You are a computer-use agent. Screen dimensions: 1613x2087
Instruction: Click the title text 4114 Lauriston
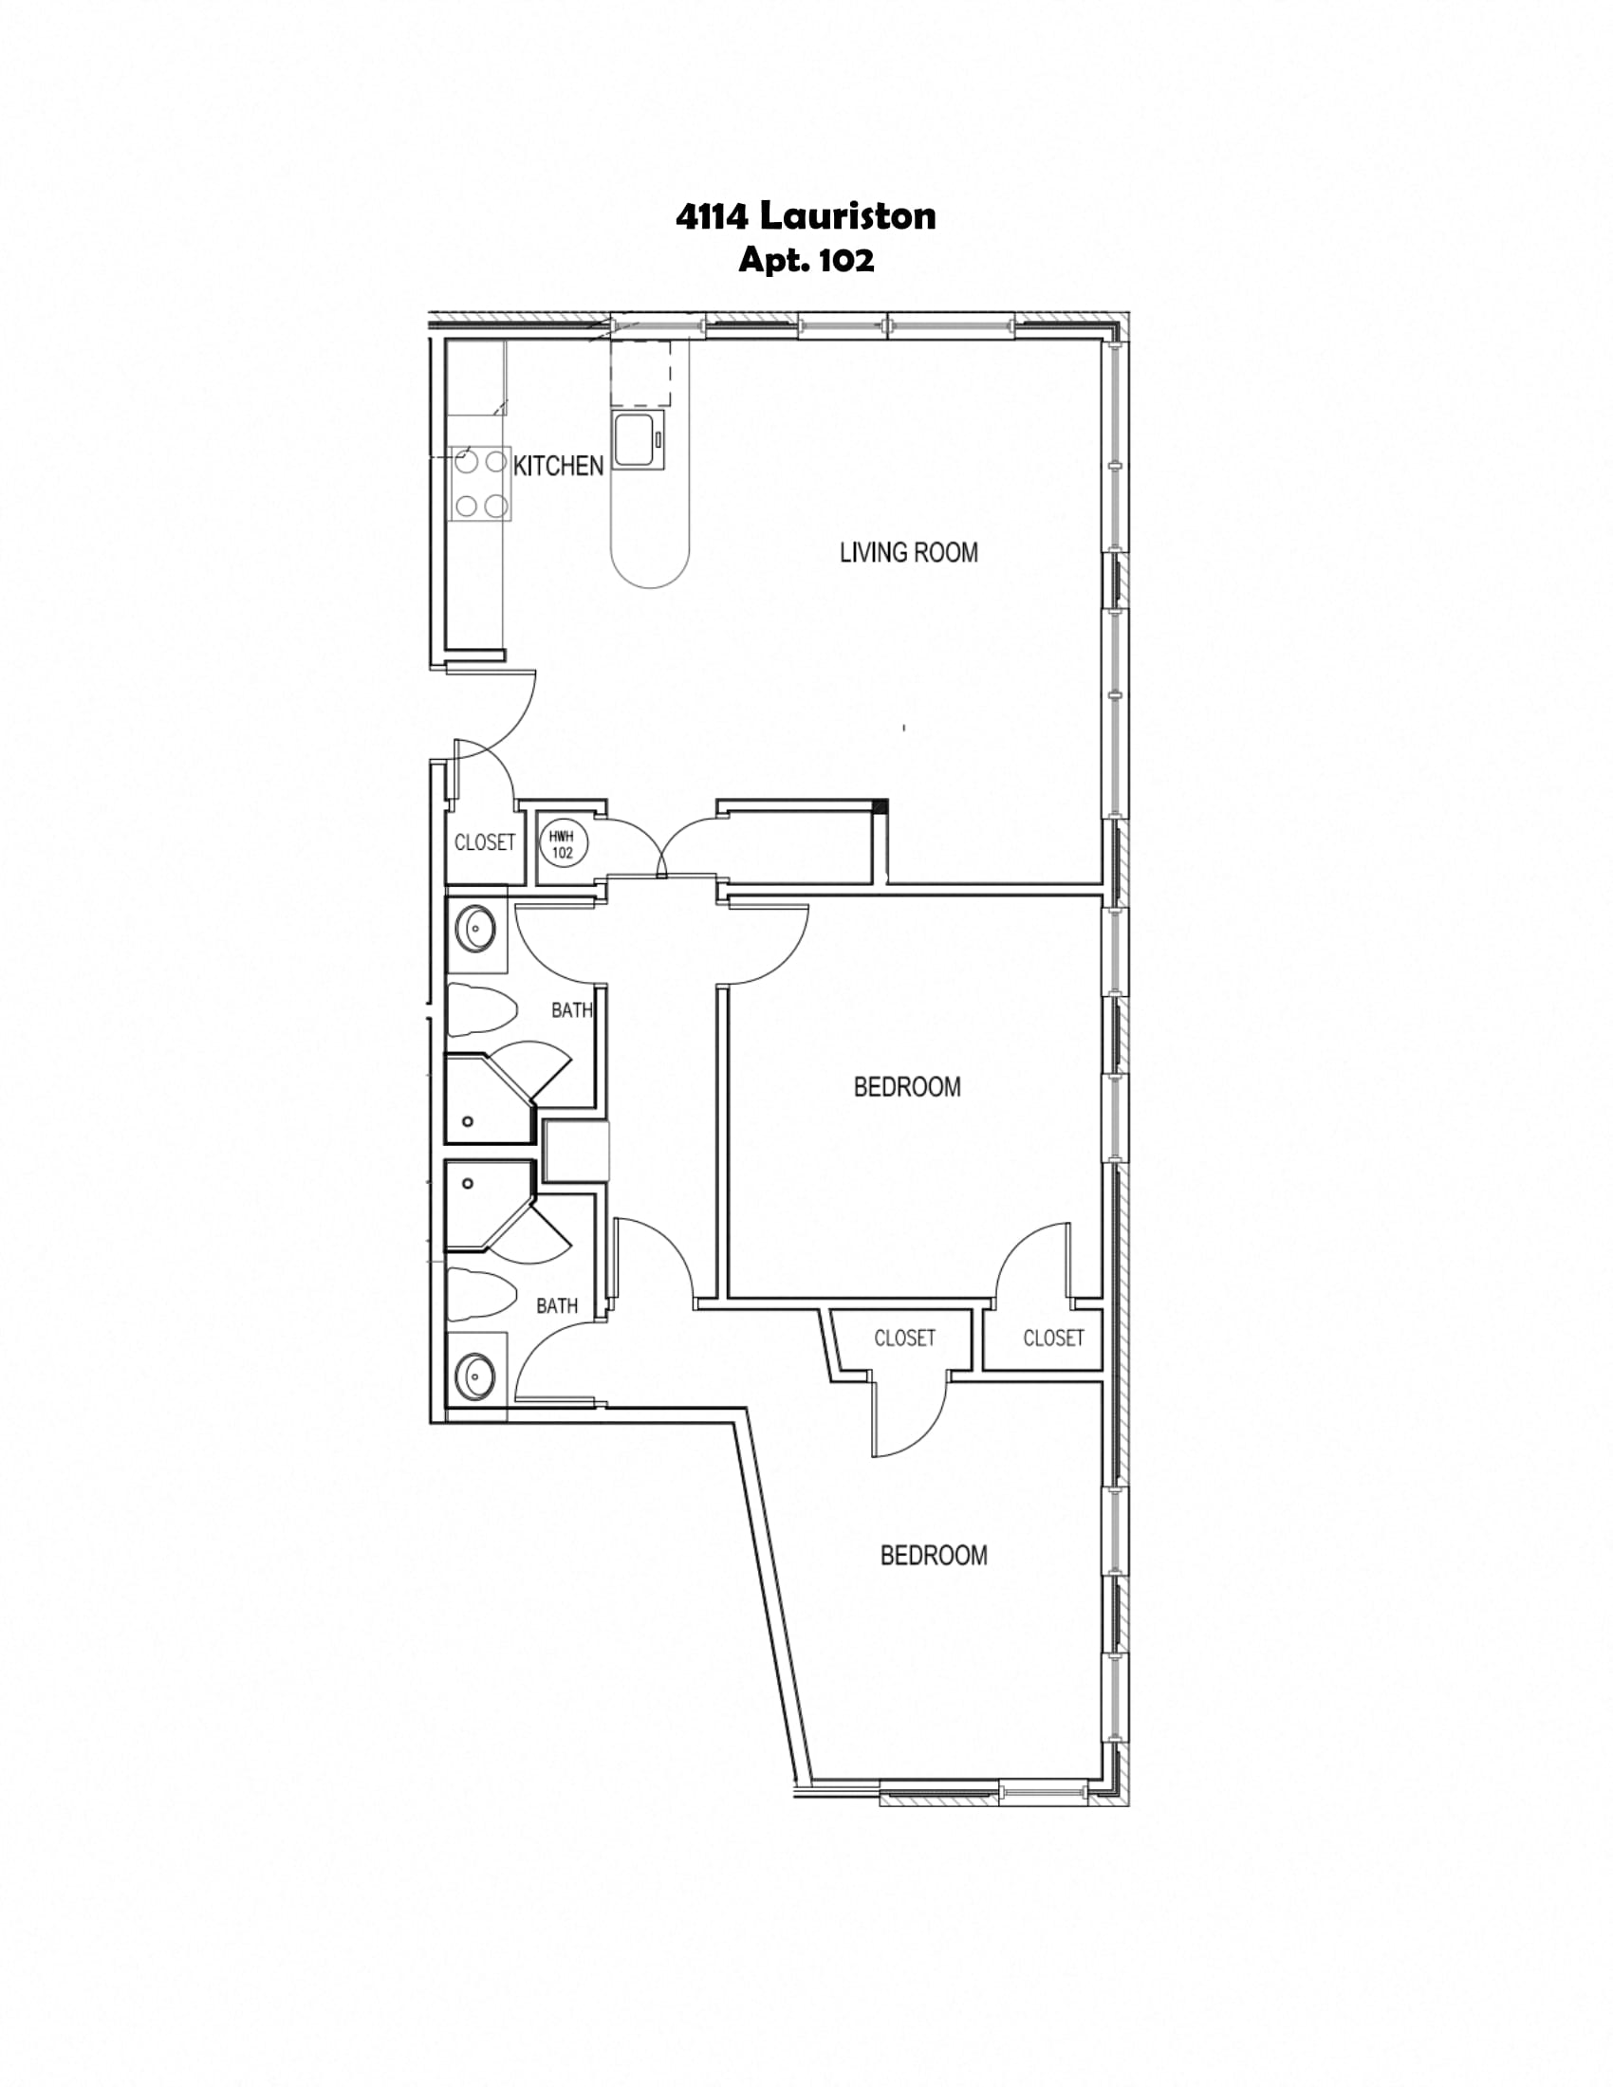[806, 217]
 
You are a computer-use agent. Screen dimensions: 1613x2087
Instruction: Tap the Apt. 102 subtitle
[806, 260]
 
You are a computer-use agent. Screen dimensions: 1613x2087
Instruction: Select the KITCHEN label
[559, 467]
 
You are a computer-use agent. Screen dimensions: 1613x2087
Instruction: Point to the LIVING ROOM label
[909, 552]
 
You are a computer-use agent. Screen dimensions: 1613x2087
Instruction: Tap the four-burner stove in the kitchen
[481, 485]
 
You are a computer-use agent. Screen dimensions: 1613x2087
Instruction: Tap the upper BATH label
[572, 1010]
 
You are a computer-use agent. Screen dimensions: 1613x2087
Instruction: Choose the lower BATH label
[557, 1305]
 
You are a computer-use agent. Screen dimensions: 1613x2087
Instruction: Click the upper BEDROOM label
[908, 1086]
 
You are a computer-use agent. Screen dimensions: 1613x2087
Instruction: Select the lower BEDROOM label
[934, 1556]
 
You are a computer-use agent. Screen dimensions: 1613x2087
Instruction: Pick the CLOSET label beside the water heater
[485, 841]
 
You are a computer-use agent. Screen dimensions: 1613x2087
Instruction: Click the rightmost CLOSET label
[1054, 1338]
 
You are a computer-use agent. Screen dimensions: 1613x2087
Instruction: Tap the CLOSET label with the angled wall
[905, 1338]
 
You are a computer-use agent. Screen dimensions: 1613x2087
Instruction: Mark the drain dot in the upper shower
[468, 1121]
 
